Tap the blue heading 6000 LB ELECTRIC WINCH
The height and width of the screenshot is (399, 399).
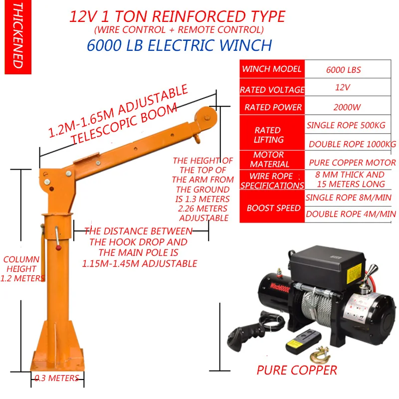179,45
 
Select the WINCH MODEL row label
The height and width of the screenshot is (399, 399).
271,69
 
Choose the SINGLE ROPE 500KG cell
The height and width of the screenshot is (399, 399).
346,125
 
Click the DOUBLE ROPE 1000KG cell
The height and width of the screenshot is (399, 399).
352,144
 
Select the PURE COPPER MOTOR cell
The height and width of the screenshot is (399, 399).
352,163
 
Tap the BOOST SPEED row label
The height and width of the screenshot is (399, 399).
273,208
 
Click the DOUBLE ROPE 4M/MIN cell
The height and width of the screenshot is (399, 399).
351,214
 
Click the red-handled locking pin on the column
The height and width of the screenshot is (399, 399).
58,240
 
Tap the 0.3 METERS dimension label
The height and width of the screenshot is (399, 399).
56,378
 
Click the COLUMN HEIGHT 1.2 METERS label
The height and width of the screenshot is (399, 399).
22,269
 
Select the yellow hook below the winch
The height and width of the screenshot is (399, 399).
318,356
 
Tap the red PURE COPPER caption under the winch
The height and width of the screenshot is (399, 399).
296,370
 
